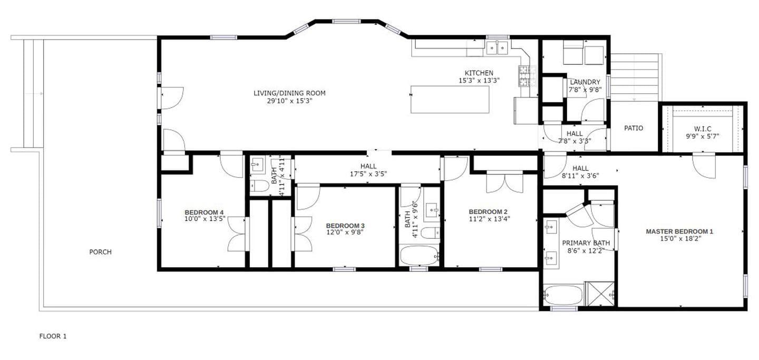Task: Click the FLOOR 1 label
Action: click(x=53, y=336)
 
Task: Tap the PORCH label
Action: click(x=100, y=252)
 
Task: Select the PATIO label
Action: click(x=634, y=128)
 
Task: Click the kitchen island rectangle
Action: click(x=450, y=99)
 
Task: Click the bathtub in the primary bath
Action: click(x=563, y=295)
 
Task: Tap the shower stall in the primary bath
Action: click(x=600, y=294)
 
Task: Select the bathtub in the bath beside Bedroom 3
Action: click(x=419, y=256)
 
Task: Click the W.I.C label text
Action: click(x=703, y=128)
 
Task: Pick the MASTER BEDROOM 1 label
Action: click(x=679, y=231)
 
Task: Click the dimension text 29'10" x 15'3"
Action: click(x=289, y=101)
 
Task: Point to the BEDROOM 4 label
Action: click(x=204, y=212)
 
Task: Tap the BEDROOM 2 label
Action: click(x=489, y=212)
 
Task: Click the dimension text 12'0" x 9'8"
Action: click(x=345, y=232)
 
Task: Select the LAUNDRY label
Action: click(x=585, y=82)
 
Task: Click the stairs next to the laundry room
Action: click(x=635, y=77)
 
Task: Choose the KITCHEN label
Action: click(x=479, y=73)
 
